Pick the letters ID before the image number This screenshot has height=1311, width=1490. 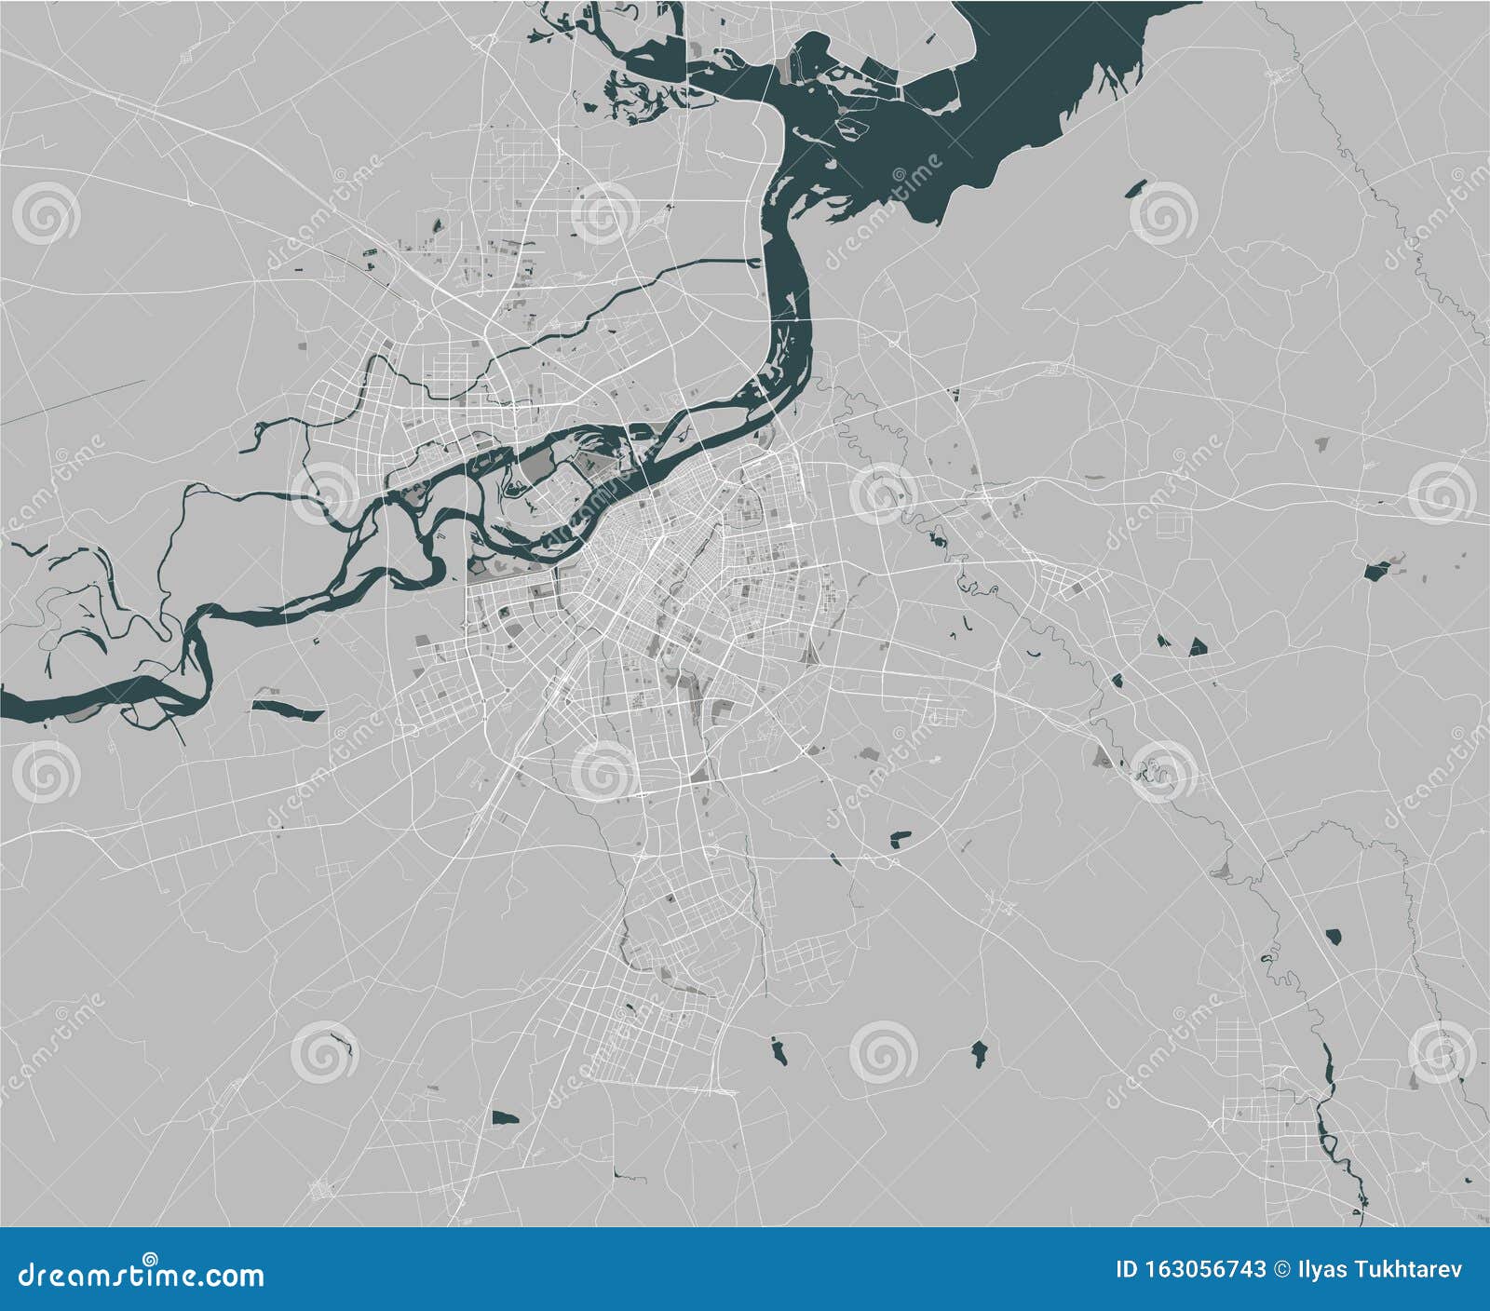coord(1128,1270)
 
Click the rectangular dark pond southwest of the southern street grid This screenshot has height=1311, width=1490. coord(504,1116)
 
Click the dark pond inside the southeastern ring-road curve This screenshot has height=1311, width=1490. coord(900,838)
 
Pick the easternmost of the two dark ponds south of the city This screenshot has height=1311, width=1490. coord(979,1052)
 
